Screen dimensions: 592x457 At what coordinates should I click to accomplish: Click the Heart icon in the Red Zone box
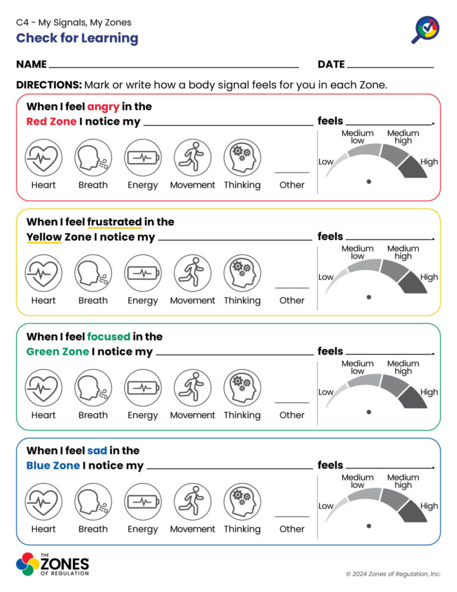coord(43,158)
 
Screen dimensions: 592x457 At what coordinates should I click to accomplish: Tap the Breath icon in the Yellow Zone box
coord(93,273)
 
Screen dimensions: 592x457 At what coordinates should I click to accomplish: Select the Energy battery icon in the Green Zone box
coord(143,388)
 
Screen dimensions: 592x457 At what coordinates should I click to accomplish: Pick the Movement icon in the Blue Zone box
coord(192,501)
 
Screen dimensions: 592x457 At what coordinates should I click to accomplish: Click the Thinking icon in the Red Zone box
coord(242,158)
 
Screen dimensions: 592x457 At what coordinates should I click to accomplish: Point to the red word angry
coord(103,107)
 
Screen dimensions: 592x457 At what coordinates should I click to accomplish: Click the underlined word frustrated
coord(114,222)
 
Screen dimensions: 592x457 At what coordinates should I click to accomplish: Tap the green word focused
coord(108,336)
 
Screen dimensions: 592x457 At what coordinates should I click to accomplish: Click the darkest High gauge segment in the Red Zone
coord(411,167)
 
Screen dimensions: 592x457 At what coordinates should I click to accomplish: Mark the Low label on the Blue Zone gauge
coord(325,506)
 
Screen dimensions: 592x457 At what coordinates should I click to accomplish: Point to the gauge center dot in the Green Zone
coord(369,411)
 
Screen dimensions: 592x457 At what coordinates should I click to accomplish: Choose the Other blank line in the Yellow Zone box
coord(292,288)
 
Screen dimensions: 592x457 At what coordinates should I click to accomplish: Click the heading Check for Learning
coord(77,38)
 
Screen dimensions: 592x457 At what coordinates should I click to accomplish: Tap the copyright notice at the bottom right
coord(393,574)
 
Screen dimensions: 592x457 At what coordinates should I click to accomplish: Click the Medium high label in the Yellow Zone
coord(403,252)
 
